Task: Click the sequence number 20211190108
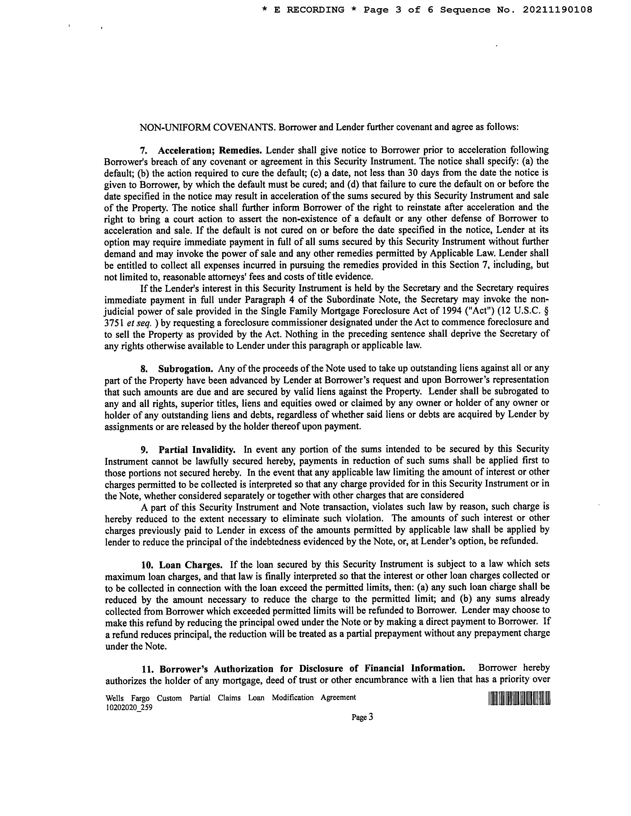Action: tap(557, 10)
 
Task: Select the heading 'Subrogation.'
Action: tap(185, 369)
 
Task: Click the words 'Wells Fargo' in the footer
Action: tap(127, 698)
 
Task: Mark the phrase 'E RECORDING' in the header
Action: tap(309, 10)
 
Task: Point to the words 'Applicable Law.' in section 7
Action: tap(462, 253)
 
